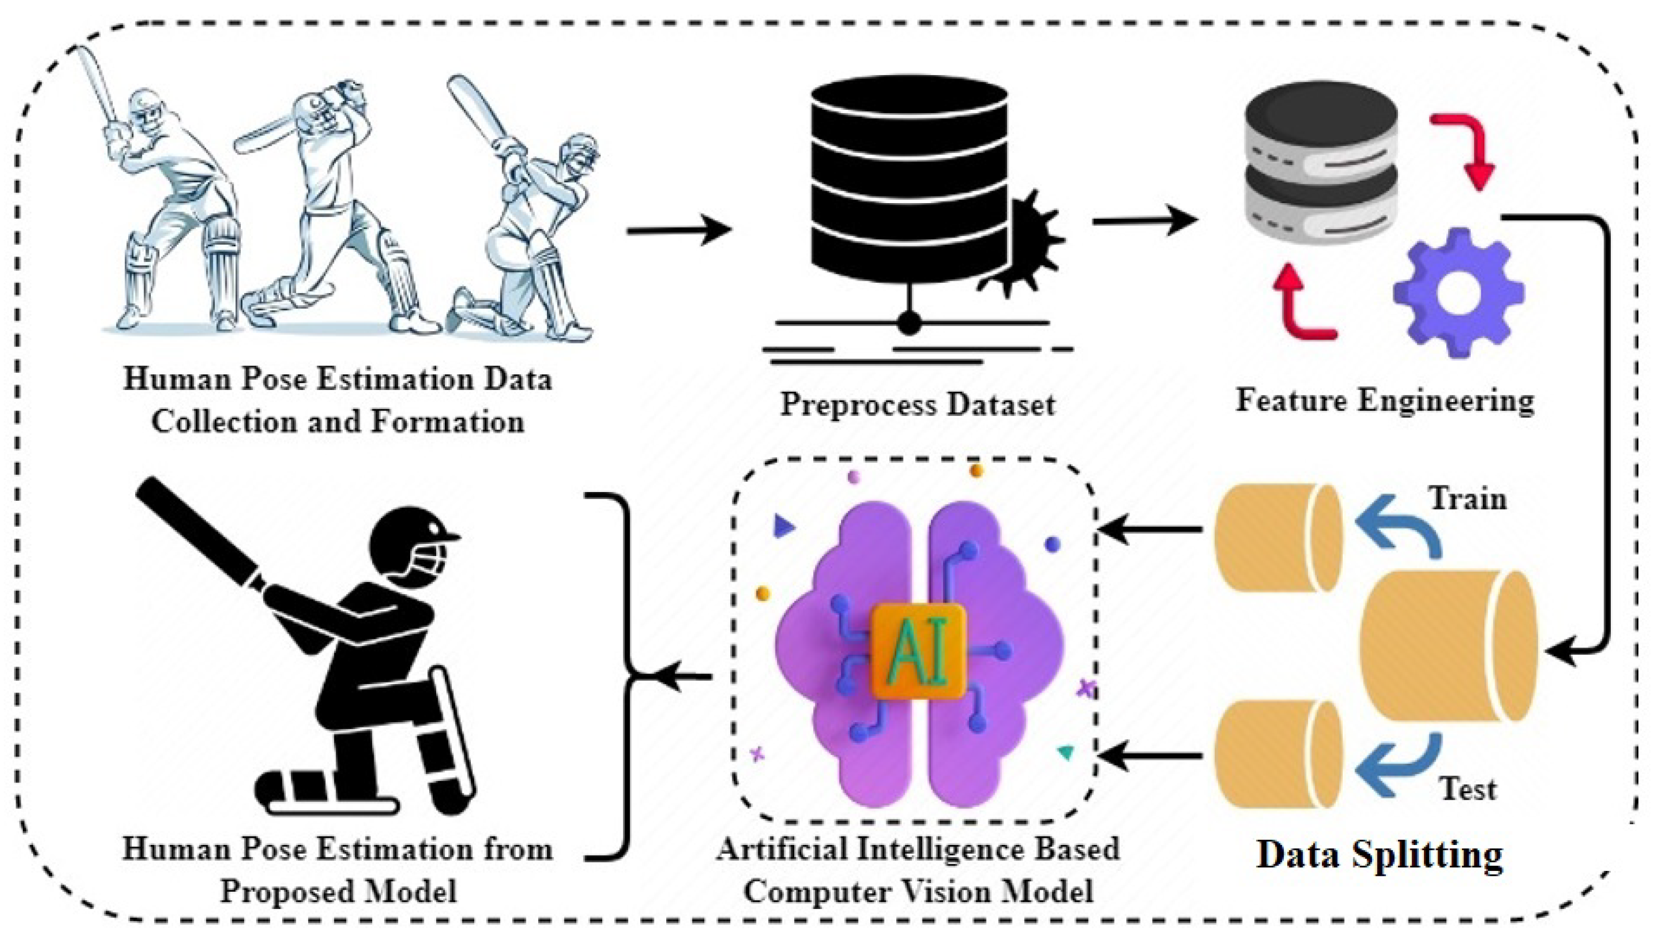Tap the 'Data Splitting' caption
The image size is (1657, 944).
[1380, 855]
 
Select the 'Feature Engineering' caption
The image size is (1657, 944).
[1385, 400]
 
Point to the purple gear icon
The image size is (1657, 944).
[1458, 292]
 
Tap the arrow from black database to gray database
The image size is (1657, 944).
[1144, 222]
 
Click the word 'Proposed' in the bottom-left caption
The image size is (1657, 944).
[290, 892]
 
